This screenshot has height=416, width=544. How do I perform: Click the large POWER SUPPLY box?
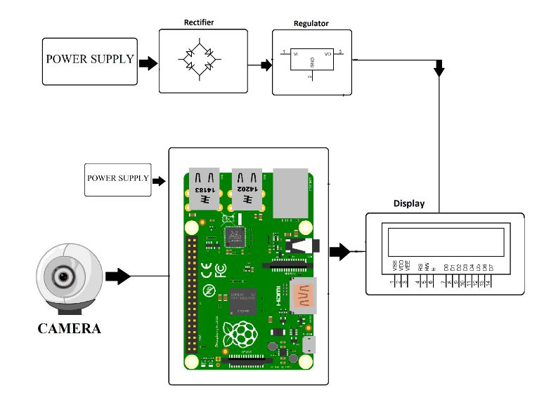click(x=89, y=60)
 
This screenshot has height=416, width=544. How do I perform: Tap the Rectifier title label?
click(x=199, y=22)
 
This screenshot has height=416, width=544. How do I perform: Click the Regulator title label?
click(x=311, y=23)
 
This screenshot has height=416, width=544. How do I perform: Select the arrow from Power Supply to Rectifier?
click(x=148, y=63)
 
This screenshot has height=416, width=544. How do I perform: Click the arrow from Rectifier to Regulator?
click(x=265, y=65)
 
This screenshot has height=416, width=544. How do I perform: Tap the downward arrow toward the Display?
click(x=439, y=69)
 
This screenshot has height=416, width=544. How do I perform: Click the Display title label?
click(x=408, y=204)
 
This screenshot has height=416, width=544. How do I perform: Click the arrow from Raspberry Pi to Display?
click(x=339, y=251)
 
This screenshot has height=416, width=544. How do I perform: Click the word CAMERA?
click(x=69, y=328)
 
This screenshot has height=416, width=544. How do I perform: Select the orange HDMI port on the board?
click(x=304, y=294)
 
